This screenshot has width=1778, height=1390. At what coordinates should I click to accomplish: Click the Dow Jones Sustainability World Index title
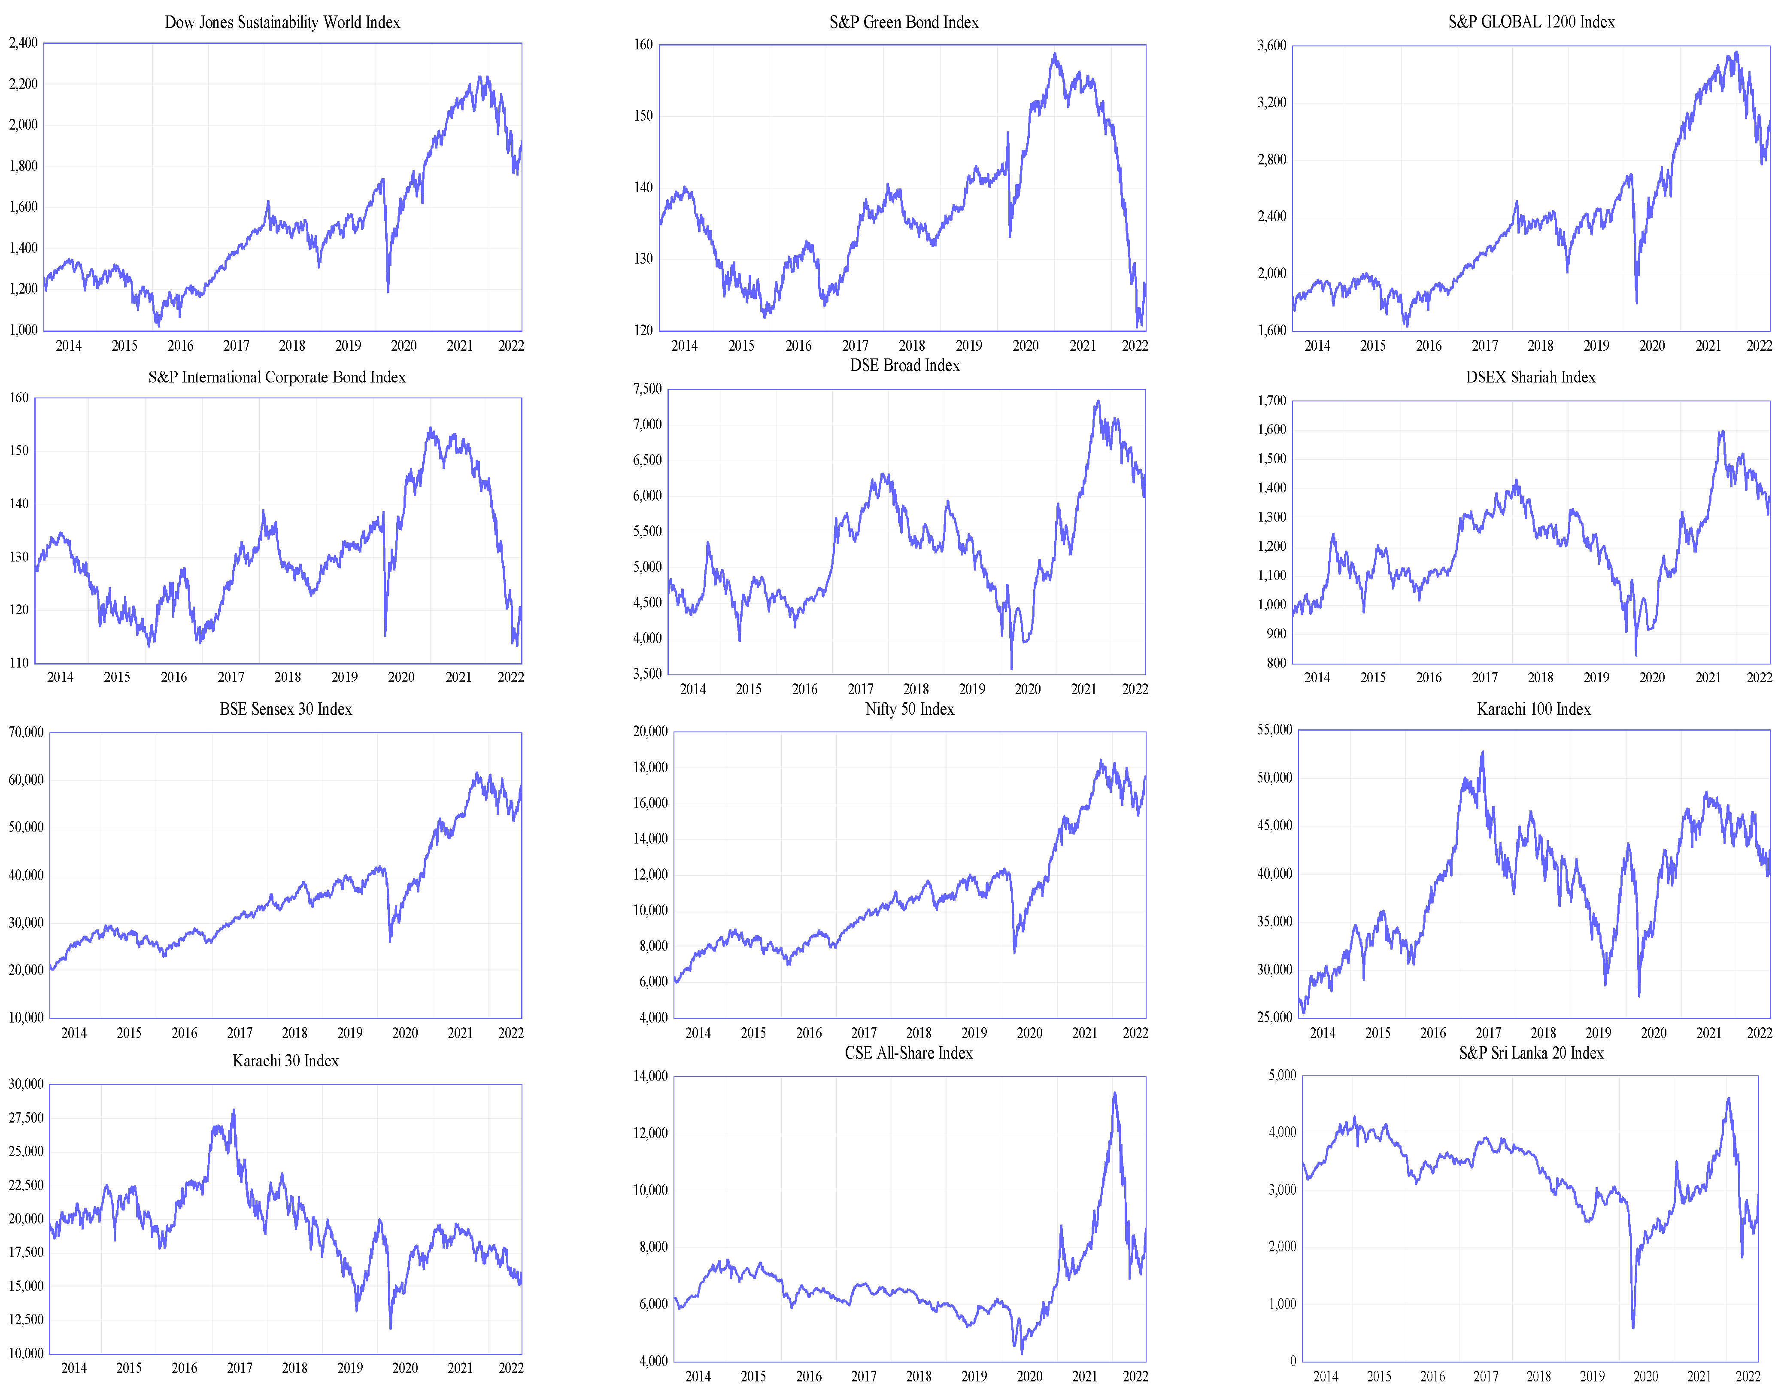click(282, 22)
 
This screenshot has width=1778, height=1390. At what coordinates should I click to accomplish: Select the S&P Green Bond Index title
click(904, 22)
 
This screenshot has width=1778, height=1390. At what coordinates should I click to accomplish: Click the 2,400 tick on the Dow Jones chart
click(24, 42)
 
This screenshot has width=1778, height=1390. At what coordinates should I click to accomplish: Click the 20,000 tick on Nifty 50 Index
click(650, 731)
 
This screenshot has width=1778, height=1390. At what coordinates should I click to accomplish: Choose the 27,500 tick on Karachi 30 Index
click(26, 1117)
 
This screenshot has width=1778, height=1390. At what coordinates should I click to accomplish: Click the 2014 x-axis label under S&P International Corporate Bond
click(60, 677)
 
